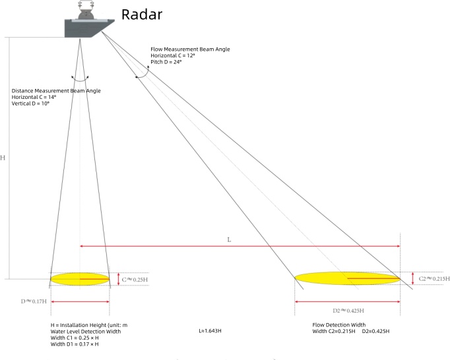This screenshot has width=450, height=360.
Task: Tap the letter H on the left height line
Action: click(3, 158)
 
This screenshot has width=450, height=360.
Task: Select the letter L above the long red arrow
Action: click(229, 240)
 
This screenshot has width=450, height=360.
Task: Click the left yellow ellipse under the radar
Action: click(80, 279)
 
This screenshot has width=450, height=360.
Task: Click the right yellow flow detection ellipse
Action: click(346, 278)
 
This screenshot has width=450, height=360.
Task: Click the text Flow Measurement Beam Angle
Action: click(190, 49)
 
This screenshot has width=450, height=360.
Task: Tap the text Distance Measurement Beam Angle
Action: click(56, 91)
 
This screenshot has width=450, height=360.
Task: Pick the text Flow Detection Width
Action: click(338, 324)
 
